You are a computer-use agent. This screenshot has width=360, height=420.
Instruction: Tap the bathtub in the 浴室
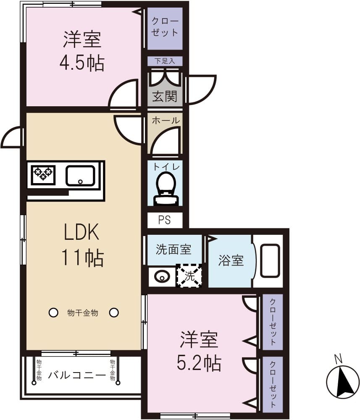coord(270,261)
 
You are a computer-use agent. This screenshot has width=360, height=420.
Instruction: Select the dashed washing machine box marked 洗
coord(189,276)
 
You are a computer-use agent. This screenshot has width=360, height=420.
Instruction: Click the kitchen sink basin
coord(80,176)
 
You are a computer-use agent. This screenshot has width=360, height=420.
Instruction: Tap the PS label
coord(165,220)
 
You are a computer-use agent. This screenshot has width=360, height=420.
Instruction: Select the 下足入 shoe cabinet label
coord(165,61)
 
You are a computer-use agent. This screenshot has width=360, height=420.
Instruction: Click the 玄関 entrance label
coord(165,96)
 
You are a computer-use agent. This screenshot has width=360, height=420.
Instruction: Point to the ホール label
coord(165,121)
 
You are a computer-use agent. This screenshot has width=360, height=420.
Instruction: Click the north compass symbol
coord(343,381)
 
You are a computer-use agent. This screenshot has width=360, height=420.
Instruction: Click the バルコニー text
coord(76,375)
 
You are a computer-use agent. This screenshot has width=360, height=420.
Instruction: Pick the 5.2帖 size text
coord(199,363)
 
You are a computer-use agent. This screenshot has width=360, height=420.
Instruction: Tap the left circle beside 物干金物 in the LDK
coord(53,312)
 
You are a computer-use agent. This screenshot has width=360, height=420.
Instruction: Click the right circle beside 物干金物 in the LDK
coord(114,312)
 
